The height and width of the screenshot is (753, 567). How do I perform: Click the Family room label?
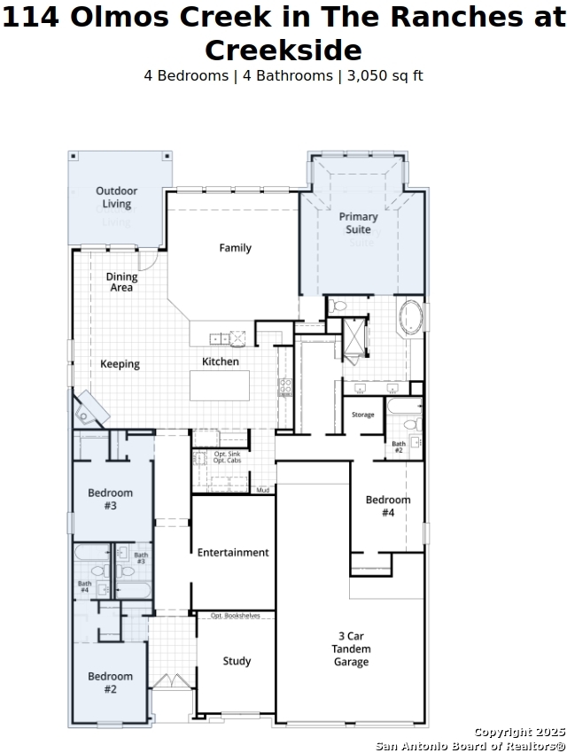click(x=236, y=248)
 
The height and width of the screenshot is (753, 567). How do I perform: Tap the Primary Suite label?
click(x=358, y=223)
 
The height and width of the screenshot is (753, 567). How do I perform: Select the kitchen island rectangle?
click(x=220, y=385)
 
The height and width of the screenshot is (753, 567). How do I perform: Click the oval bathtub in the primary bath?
click(x=410, y=317)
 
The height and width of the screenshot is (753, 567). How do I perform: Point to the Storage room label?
click(x=363, y=415)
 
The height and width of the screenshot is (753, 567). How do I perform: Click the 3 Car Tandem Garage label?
click(x=351, y=648)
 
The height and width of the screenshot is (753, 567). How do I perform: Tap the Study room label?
click(x=237, y=661)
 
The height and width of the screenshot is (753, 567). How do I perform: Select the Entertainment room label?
click(x=233, y=552)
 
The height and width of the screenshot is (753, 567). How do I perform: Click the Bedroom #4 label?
click(x=388, y=506)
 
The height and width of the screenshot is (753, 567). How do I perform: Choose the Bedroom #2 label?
click(x=111, y=682)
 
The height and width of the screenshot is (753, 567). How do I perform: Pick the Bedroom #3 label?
click(x=111, y=499)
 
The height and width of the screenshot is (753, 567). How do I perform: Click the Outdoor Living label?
click(x=117, y=198)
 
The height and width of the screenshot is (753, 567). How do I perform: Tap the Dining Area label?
click(x=121, y=282)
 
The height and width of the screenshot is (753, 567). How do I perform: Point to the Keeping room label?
click(x=120, y=364)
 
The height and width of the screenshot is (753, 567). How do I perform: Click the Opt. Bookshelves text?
click(x=236, y=615)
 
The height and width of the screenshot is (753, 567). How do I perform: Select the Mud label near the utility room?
click(x=262, y=490)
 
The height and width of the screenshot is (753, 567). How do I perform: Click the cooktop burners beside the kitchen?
click(x=285, y=387)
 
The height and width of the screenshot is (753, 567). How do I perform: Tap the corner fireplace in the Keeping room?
click(x=90, y=408)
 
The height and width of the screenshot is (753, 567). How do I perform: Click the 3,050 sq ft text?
click(x=385, y=76)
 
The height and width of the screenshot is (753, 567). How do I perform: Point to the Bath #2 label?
click(x=399, y=446)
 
